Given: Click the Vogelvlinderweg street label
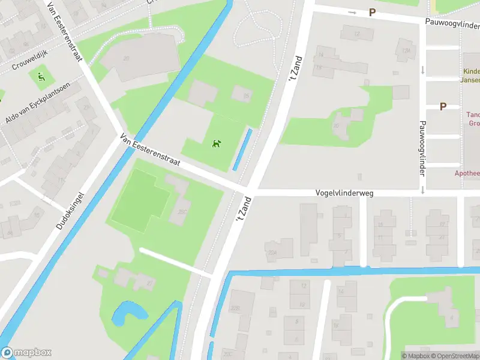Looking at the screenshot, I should click(344, 193).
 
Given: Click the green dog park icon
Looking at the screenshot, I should click(216, 143).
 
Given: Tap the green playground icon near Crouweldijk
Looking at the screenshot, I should click(41, 77).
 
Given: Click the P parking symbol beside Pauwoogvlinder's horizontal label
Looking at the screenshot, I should click(372, 12).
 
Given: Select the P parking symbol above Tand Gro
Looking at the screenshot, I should click(443, 106).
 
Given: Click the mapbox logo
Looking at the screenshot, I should click(26, 353).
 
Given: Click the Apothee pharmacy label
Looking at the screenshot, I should click(467, 173).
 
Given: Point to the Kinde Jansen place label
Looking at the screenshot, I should click(470, 75).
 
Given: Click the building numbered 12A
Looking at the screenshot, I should click(407, 51).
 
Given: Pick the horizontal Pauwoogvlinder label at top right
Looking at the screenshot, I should click(451, 26).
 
